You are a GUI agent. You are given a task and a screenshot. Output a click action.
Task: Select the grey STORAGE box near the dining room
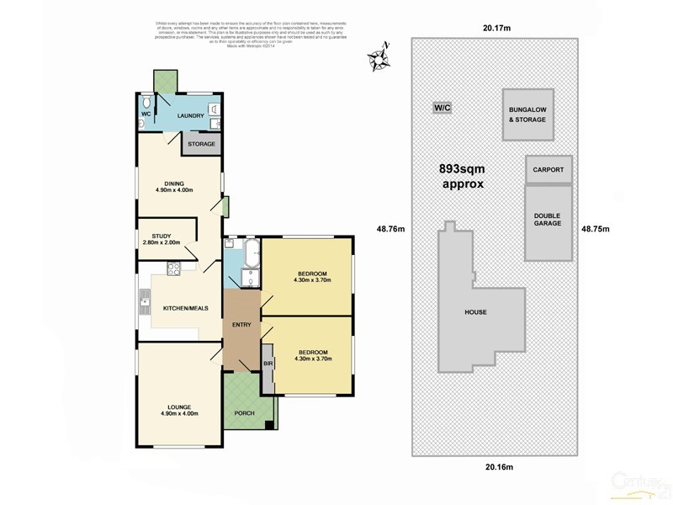(201, 144)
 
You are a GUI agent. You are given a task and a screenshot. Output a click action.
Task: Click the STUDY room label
(162, 236)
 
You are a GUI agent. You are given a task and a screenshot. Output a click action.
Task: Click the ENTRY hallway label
(242, 324)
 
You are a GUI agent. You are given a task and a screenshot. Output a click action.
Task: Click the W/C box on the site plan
(442, 108)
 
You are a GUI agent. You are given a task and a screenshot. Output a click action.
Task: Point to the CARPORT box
(548, 169)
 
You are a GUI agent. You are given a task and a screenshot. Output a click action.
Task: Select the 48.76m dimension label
(390, 228)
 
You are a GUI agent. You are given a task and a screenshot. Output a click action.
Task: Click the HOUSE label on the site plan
(476, 312)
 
